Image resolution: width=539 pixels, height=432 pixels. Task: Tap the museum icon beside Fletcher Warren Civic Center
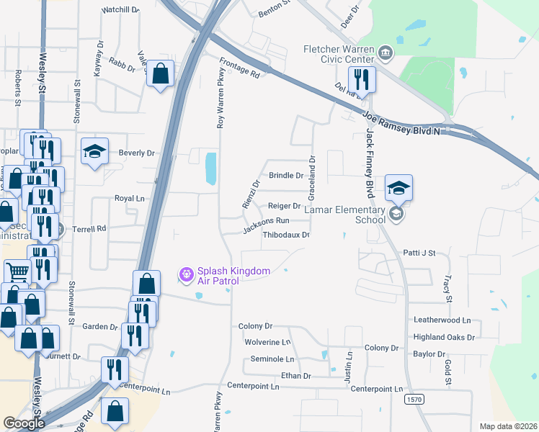pyautogui.click(x=386, y=52)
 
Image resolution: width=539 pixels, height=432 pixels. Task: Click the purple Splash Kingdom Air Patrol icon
pyautogui.click(x=187, y=274)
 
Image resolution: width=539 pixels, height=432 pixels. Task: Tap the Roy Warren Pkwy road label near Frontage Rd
pyautogui.click(x=220, y=98)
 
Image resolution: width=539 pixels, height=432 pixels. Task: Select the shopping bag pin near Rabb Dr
pyautogui.click(x=160, y=73)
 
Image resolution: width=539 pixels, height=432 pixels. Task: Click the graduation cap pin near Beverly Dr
pyautogui.click(x=94, y=151)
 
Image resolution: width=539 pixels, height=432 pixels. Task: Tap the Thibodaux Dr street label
pyautogui.click(x=286, y=235)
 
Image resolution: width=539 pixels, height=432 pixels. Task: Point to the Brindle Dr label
pyautogui.click(x=286, y=175)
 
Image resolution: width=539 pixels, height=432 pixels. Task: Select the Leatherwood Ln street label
pyautogui.click(x=442, y=320)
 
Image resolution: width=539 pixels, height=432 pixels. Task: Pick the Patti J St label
pyautogui.click(x=430, y=253)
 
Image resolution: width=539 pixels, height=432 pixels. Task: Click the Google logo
pyautogui.click(x=24, y=423)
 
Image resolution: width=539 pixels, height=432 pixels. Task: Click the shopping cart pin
pyautogui.click(x=18, y=272)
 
